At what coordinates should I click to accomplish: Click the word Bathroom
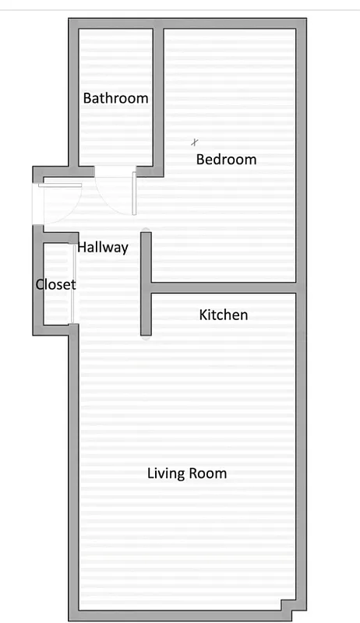[x=115, y=99]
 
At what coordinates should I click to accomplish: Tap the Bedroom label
[x=226, y=160]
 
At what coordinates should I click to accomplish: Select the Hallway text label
[x=102, y=248]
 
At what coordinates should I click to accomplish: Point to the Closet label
[x=56, y=284]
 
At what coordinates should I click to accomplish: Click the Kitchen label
[x=224, y=315]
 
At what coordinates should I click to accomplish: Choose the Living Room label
[x=187, y=473]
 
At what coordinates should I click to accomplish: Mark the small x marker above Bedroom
[x=195, y=142]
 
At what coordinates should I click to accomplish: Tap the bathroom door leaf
[x=134, y=193]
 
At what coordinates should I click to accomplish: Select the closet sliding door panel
[x=73, y=284]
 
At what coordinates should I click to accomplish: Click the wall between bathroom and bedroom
[x=158, y=97]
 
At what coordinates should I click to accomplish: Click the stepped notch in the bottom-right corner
[x=288, y=605]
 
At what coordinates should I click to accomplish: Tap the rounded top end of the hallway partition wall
[x=145, y=231]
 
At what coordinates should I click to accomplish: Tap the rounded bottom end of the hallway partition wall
[x=146, y=336]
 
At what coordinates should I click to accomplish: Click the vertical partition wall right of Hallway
[x=146, y=284]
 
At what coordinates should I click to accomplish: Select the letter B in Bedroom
[x=200, y=160]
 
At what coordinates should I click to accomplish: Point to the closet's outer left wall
[x=37, y=284]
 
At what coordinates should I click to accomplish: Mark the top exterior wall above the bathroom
[x=115, y=23]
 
